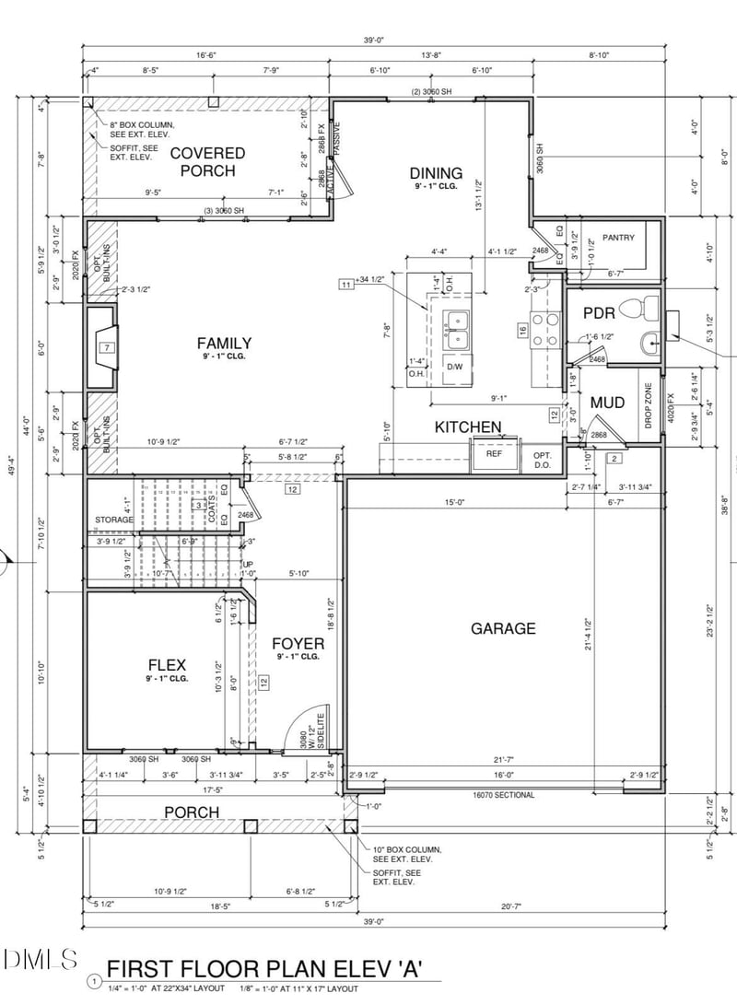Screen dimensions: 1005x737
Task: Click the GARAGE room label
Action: click(503, 628)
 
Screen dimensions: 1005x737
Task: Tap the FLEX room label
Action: click(168, 665)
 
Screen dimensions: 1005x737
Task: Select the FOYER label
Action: click(298, 643)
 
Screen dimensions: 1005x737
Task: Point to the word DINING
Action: click(436, 172)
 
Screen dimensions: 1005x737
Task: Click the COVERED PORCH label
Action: click(207, 161)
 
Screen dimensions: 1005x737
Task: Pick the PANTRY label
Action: click(618, 238)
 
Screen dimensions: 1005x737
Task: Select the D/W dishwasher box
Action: click(454, 366)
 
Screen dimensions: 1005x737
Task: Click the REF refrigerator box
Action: click(495, 454)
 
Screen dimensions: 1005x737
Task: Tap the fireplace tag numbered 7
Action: click(107, 347)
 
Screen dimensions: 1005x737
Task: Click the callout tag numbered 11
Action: click(346, 285)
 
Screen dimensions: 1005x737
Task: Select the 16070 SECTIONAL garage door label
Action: click(504, 794)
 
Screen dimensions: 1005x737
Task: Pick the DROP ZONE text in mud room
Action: click(648, 404)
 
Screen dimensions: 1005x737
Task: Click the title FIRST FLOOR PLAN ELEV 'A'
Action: click(264, 968)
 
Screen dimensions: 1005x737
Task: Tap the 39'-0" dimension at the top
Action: click(373, 41)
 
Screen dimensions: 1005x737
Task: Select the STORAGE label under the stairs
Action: click(114, 520)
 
